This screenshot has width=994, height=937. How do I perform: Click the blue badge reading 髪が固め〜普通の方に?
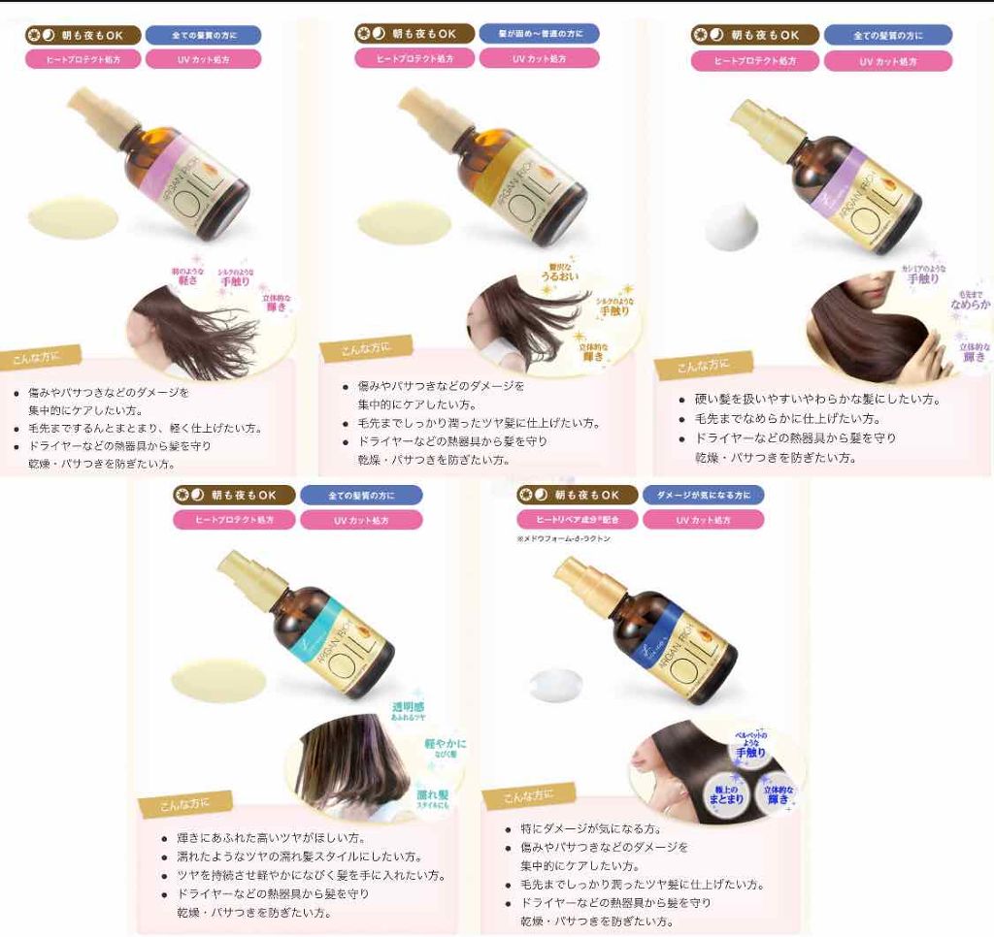click(x=539, y=34)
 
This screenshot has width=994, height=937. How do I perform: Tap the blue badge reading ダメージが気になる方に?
click(x=703, y=495)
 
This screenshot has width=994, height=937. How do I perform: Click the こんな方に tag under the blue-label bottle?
click(x=529, y=796)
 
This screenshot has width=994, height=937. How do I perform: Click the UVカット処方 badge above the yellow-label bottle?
click(x=539, y=58)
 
